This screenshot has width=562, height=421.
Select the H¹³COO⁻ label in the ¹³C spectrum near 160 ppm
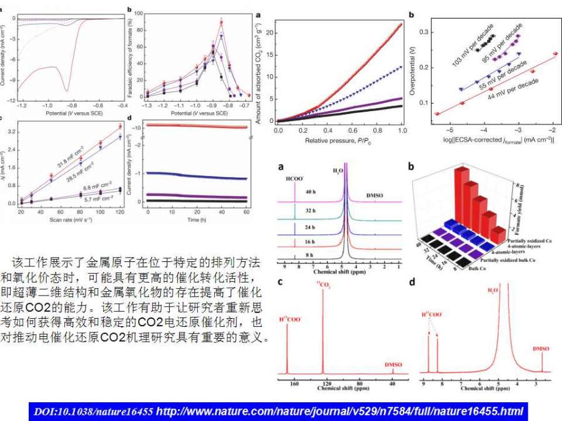(x=290, y=319)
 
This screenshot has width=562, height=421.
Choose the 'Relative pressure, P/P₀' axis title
(x=339, y=141)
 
